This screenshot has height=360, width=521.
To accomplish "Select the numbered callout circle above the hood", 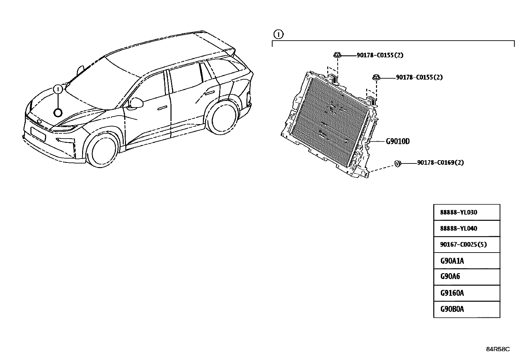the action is [x=58, y=89].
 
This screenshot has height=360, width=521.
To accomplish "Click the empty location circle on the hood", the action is [x=58, y=113].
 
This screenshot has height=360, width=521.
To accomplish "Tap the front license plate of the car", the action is [x=38, y=134].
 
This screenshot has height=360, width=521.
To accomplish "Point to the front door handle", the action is [x=162, y=108].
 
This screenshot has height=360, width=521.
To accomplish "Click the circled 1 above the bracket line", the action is [x=278, y=34].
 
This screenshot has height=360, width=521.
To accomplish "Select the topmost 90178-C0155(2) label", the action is [x=380, y=55].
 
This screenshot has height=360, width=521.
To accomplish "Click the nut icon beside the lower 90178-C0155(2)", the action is [x=376, y=77].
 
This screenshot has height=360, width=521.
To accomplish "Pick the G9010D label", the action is [x=398, y=141].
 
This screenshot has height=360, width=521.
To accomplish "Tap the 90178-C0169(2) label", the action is [x=440, y=162].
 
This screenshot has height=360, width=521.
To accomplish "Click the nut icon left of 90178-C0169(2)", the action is [x=398, y=164].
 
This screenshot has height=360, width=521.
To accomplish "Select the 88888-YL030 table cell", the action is [x=467, y=212].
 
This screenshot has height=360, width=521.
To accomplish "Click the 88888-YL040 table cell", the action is [x=467, y=228].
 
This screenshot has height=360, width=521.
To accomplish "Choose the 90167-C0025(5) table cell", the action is [x=467, y=244].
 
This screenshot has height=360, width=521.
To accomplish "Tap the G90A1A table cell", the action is [x=467, y=261].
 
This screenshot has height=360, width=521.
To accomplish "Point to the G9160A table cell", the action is [x=467, y=293].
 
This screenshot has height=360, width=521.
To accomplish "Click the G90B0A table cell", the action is [x=467, y=309].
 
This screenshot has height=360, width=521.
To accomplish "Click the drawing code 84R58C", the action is [x=498, y=349].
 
